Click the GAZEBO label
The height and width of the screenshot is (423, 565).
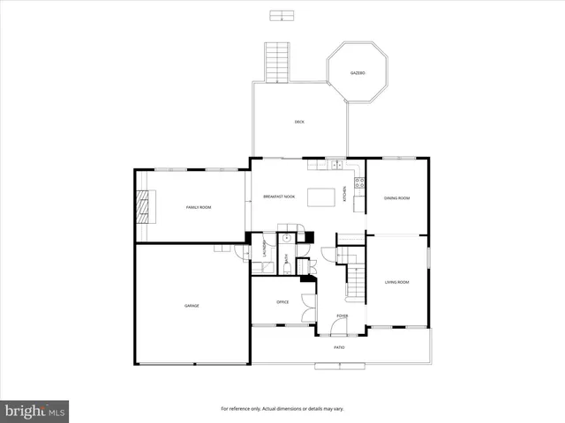(x=358, y=72)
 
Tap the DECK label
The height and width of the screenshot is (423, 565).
(x=299, y=122)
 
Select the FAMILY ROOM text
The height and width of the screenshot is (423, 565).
(x=199, y=207)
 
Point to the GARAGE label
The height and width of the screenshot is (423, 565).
(x=192, y=306)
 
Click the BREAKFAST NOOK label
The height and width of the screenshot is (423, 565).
(x=279, y=197)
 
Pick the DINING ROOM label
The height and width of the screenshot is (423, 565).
(x=396, y=198)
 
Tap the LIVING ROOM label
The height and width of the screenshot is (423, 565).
(x=396, y=282)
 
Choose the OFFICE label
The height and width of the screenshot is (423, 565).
(x=282, y=302)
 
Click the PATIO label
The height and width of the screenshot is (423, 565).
(x=339, y=347)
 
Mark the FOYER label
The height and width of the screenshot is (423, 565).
(x=342, y=316)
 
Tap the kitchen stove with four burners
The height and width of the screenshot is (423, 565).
(x=359, y=183)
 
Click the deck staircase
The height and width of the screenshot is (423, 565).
(x=277, y=62)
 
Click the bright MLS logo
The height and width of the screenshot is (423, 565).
(x=35, y=411)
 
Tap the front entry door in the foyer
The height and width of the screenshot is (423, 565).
(x=338, y=328)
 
